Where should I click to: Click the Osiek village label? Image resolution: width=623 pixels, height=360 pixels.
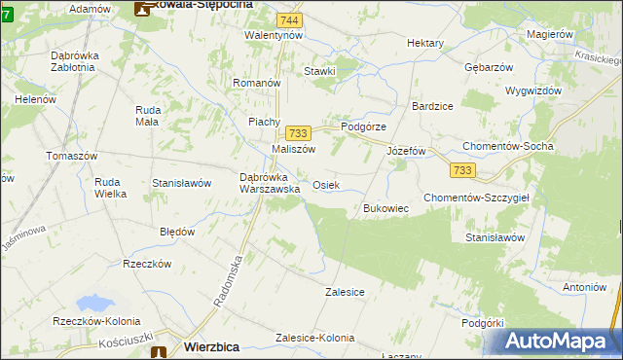click(326, 185)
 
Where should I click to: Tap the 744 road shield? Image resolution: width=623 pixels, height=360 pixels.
click(287, 20)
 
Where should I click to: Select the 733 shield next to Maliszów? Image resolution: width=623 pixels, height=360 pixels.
click(298, 133)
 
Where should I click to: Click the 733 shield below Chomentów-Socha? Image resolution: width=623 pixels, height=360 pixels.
click(462, 170)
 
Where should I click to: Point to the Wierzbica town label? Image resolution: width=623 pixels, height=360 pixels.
click(212, 345)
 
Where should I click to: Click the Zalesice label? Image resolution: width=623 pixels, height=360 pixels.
click(345, 291)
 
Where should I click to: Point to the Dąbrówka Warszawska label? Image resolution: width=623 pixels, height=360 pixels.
click(270, 183)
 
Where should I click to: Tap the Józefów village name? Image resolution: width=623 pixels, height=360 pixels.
click(407, 152)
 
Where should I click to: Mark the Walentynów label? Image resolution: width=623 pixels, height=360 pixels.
click(274, 35)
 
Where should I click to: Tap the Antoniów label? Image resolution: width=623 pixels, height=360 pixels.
click(584, 287)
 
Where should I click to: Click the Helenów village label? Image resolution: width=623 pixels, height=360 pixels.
click(35, 100)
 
